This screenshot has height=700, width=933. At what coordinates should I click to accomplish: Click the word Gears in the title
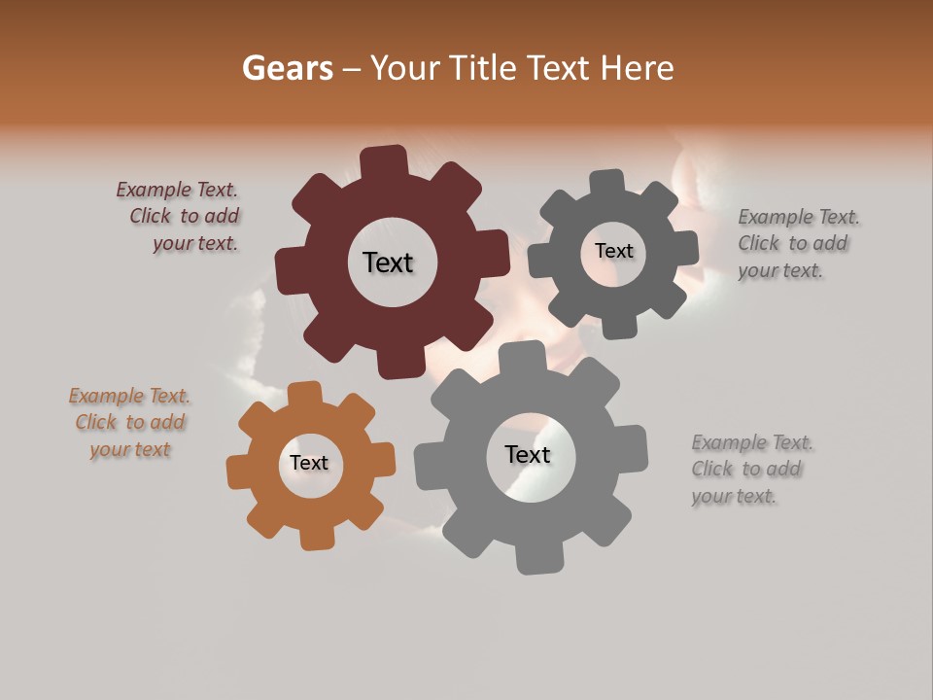[x=286, y=68]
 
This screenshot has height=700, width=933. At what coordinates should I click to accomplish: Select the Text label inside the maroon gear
[x=388, y=262]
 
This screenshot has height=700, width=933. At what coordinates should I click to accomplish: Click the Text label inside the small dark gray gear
[x=613, y=251]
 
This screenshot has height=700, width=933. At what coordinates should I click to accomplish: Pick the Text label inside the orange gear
[x=309, y=463]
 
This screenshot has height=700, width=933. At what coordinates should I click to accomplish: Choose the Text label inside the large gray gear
[x=528, y=455]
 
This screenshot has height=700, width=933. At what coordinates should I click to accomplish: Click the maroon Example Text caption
[x=180, y=217]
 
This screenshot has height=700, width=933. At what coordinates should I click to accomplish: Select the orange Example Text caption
[x=130, y=423]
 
